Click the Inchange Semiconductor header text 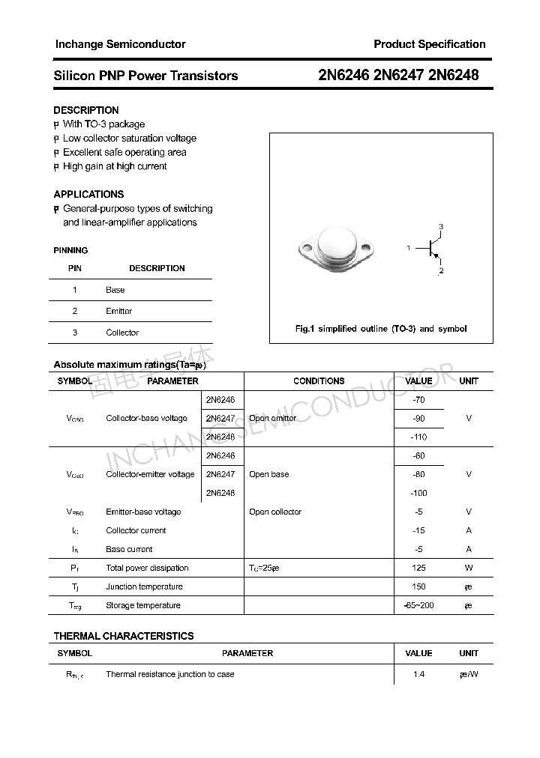(x=120, y=44)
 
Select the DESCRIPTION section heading (x=86, y=110)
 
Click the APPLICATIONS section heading (x=88, y=194)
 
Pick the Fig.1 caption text (x=381, y=329)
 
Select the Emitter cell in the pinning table (x=118, y=311)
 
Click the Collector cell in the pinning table (x=122, y=333)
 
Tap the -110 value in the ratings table (x=418, y=437)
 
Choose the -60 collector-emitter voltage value (x=418, y=455)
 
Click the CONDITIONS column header (x=319, y=381)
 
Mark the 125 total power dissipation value (x=418, y=568)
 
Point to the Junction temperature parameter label (x=144, y=586)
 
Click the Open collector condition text (x=275, y=512)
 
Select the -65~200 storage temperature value (x=418, y=605)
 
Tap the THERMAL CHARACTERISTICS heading (x=124, y=636)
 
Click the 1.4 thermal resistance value (x=418, y=674)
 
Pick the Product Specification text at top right (x=430, y=44)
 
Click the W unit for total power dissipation (x=469, y=568)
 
